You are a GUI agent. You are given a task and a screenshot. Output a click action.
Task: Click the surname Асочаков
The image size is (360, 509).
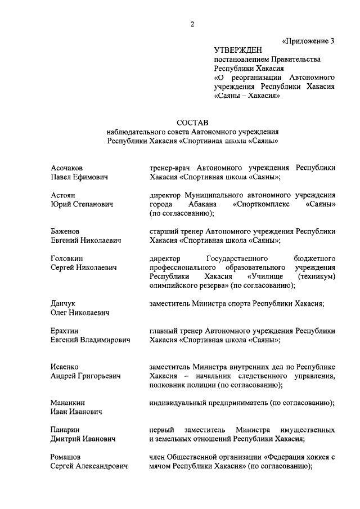coord(66,168)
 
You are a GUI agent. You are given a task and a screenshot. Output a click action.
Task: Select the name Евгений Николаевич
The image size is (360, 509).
coord(85,240)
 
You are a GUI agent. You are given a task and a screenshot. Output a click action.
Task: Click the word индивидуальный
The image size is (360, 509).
coord(178,403)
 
